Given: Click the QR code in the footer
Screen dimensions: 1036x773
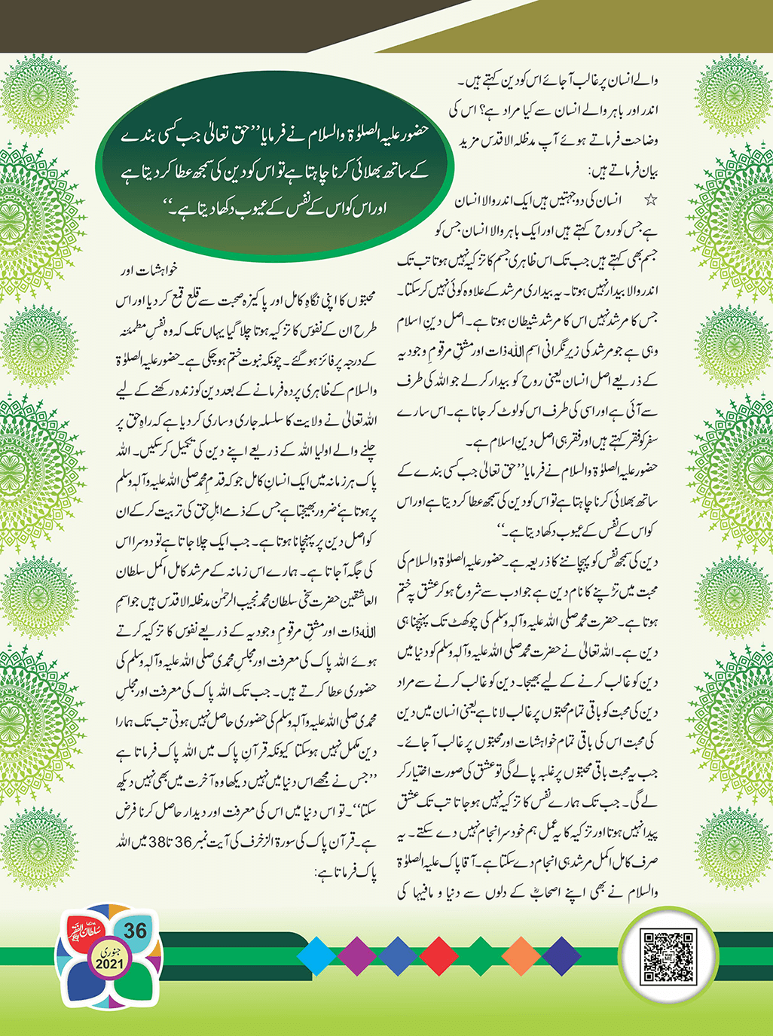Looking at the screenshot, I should point(667,957).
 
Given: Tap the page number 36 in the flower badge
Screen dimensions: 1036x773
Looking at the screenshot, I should point(135,931).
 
